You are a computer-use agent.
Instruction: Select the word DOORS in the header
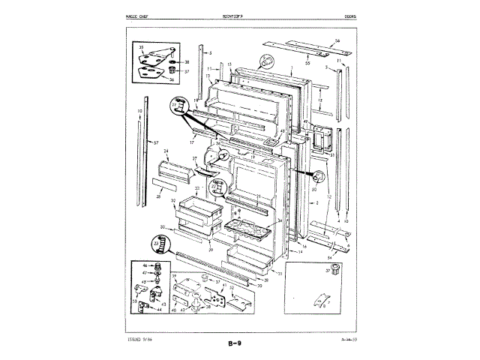(x=350, y=15)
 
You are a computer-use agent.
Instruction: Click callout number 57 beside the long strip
(x=156, y=142)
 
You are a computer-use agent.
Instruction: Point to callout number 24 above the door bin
(x=167, y=151)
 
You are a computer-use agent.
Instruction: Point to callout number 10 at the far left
(x=139, y=111)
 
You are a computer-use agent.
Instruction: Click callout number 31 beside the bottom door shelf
(x=280, y=274)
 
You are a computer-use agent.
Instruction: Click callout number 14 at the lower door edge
(x=300, y=253)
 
